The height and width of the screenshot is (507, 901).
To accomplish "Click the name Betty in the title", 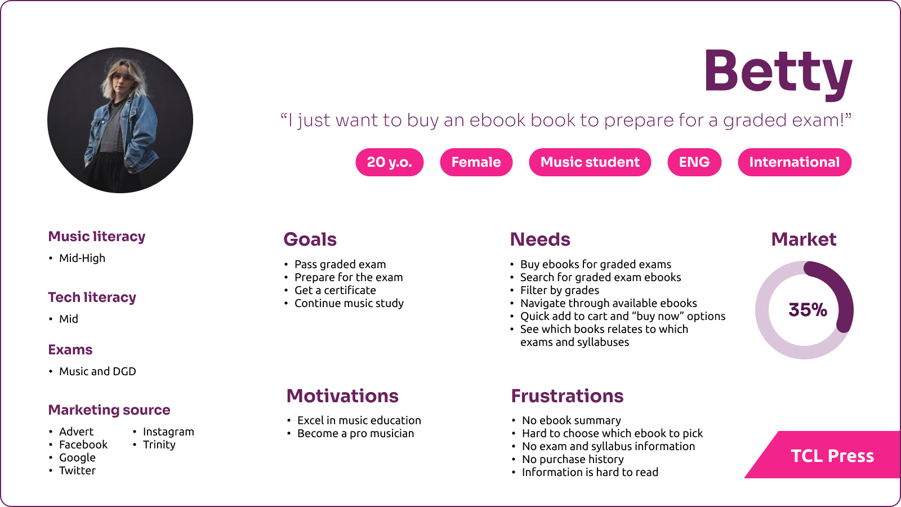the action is [x=778, y=74].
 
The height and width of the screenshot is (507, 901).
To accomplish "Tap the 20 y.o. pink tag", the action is [x=389, y=162].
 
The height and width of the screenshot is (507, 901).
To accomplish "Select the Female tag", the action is [x=476, y=162].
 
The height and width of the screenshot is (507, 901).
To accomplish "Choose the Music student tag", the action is [x=590, y=162].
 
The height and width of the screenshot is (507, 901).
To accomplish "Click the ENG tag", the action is [x=694, y=162].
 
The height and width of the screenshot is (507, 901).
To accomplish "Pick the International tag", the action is [x=795, y=162].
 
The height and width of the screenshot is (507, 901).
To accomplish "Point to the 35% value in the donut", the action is [x=808, y=310].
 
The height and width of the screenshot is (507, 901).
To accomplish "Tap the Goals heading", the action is [x=310, y=239].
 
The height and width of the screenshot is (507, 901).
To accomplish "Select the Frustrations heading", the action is [x=567, y=396].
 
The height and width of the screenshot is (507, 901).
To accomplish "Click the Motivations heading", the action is [x=342, y=396].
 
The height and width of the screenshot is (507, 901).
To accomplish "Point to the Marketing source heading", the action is [x=109, y=410].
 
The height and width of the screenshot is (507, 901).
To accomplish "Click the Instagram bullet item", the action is [x=168, y=432].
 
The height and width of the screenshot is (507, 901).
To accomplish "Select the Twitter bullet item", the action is [x=77, y=470].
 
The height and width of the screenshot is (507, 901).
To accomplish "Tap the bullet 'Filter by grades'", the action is [x=560, y=291].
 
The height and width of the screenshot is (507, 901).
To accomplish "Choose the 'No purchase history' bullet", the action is [x=573, y=459].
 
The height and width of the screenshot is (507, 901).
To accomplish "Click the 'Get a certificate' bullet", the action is [x=335, y=291].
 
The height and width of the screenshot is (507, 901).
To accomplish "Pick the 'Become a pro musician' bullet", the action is [x=355, y=433].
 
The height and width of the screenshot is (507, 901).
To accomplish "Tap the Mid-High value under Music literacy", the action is [x=82, y=258].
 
